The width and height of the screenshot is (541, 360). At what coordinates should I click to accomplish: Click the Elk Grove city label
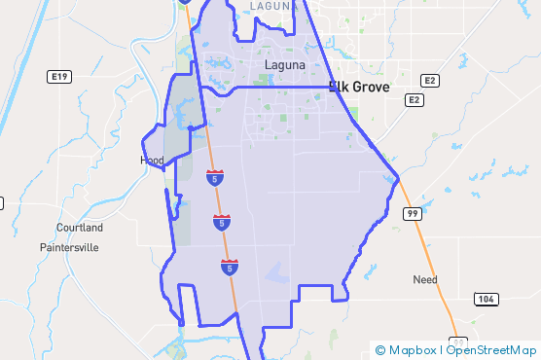[359, 87]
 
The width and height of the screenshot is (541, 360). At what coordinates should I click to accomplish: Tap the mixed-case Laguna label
[285, 65]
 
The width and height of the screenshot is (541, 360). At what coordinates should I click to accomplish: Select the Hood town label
[152, 160]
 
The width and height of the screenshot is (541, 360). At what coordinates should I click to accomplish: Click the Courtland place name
[80, 228]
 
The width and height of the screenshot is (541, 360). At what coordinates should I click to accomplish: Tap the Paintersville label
[69, 247]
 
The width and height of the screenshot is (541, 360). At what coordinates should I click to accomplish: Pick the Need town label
[425, 279]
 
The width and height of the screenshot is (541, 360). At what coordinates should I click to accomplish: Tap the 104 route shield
[486, 297]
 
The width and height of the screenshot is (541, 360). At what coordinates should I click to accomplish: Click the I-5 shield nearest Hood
[214, 177]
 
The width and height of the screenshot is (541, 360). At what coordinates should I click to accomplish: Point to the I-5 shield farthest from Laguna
[230, 266]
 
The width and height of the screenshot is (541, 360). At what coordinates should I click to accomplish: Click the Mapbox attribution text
[413, 350]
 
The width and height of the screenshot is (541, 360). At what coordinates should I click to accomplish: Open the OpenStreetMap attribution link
[491, 350]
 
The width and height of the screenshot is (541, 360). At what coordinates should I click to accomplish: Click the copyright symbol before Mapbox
[380, 350]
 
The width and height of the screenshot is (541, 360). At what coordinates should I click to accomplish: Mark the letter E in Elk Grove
[333, 87]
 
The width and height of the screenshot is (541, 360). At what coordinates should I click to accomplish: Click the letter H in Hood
[144, 160]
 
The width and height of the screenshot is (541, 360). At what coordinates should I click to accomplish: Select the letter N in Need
[416, 279]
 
